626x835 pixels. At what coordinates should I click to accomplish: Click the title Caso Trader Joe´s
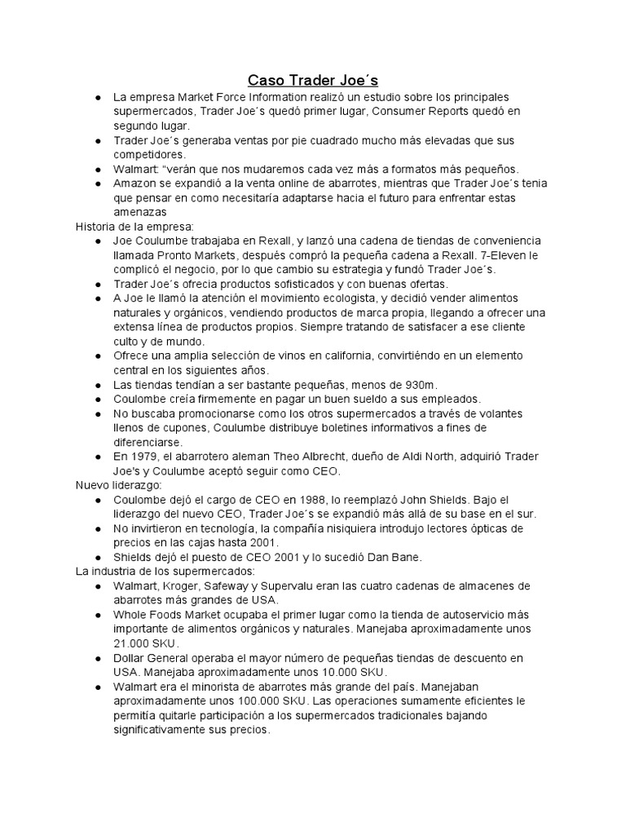pyautogui.click(x=313, y=81)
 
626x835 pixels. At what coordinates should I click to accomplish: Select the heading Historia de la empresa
pyautogui.click(x=130, y=226)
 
